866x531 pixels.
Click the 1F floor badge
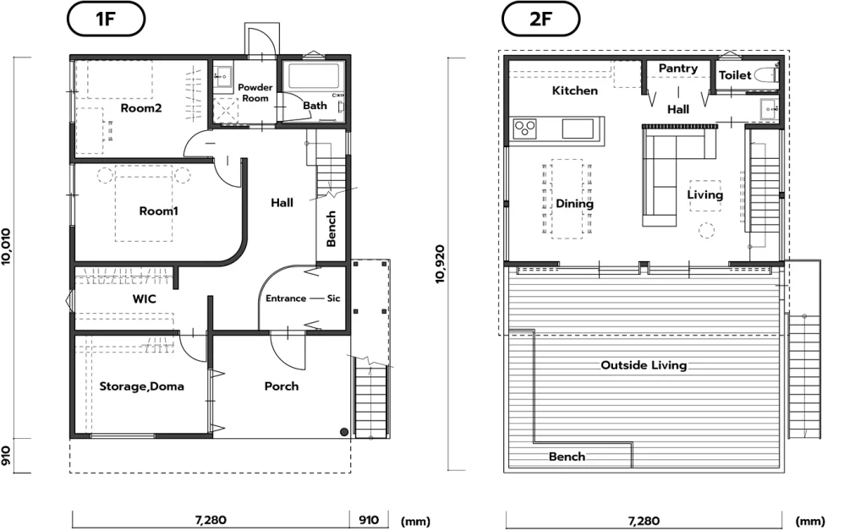click(106, 19)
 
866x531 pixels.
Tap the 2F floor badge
click(540, 19)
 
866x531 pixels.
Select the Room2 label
click(141, 108)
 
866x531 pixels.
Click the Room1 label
click(158, 211)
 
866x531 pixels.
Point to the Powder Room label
click(255, 93)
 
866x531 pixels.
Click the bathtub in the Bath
click(313, 76)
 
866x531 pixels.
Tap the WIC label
click(144, 299)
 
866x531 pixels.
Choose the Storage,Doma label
click(141, 386)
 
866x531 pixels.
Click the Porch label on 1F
click(282, 386)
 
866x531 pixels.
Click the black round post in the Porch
click(344, 431)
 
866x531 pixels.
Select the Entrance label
click(286, 298)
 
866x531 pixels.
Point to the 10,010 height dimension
click(6, 247)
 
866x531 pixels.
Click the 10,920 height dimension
click(440, 265)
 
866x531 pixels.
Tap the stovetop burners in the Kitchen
click(524, 129)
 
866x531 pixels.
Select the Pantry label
click(678, 68)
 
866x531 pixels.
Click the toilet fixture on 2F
click(766, 75)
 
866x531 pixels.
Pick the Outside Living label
click(644, 365)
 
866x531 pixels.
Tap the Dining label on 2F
click(574, 205)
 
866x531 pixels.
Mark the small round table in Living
click(706, 230)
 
